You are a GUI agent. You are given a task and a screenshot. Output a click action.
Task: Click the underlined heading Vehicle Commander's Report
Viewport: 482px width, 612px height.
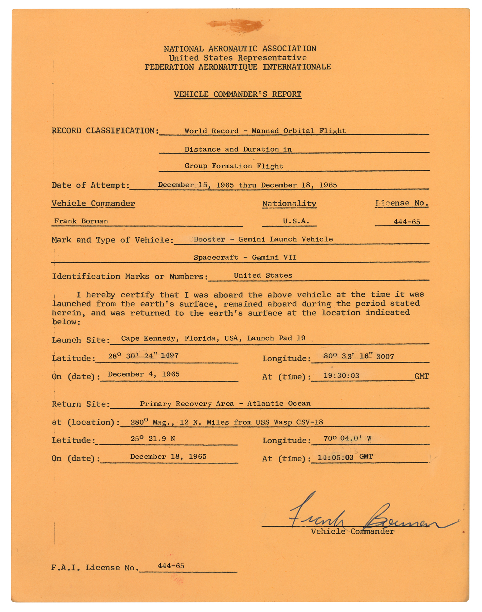(x=237, y=94)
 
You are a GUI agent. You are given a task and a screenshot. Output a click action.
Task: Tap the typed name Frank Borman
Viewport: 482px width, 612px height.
(x=81, y=221)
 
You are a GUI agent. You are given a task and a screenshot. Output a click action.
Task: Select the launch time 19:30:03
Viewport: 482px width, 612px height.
(x=341, y=376)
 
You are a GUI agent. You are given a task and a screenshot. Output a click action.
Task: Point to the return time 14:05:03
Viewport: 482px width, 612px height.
(x=335, y=458)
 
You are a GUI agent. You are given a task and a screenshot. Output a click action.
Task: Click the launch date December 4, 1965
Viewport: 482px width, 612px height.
(x=144, y=375)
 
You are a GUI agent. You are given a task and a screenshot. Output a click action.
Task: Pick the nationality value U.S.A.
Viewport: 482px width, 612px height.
(x=296, y=221)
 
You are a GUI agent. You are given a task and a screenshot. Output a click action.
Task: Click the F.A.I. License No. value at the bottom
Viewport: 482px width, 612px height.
(x=171, y=566)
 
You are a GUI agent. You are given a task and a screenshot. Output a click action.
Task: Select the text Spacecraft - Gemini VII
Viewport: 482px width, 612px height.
(x=245, y=257)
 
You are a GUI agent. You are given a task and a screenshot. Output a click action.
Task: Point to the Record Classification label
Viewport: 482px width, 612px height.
(x=105, y=131)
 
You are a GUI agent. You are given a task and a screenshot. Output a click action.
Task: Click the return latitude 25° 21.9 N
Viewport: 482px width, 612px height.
(x=153, y=439)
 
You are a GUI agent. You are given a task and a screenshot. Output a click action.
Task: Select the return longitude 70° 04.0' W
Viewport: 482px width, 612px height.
(x=347, y=438)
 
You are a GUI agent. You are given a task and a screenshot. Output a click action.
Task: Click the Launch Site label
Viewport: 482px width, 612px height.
(x=81, y=340)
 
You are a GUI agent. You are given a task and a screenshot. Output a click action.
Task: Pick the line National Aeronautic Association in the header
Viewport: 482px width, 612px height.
(x=240, y=49)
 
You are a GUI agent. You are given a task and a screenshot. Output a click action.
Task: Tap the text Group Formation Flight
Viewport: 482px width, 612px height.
(x=234, y=166)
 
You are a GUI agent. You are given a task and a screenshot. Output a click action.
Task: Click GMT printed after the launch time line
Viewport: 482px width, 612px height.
(x=421, y=376)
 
